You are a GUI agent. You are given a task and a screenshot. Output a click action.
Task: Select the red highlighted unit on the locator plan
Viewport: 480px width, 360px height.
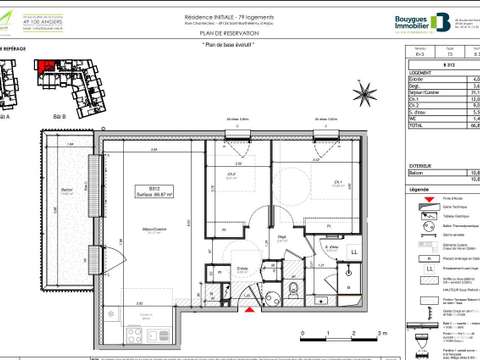(45, 67)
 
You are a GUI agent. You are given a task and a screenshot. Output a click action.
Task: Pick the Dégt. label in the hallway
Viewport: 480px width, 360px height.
(283, 237)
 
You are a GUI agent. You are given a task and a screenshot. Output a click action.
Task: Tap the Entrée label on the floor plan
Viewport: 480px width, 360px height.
(242, 268)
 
